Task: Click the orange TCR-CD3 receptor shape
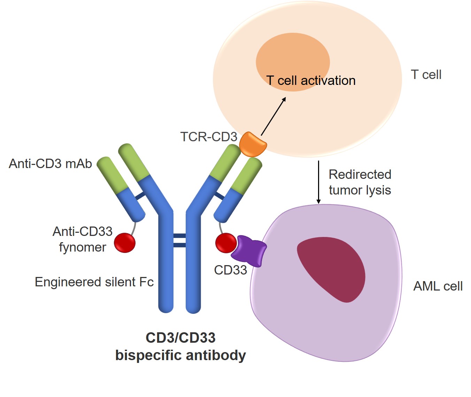[x=253, y=144]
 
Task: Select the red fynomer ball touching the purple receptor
[x=226, y=243]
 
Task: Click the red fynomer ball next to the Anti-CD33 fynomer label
[x=125, y=243]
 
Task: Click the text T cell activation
[x=311, y=81]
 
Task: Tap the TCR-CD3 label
[x=208, y=137]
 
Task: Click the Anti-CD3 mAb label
[x=51, y=164]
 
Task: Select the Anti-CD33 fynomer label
[x=83, y=239]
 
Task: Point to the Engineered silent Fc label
[x=94, y=282]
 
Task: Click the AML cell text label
[x=438, y=286]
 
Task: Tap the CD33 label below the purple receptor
[x=230, y=270]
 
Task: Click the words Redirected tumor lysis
[x=360, y=182]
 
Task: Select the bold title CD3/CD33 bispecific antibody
[x=180, y=347]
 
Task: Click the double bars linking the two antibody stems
[x=179, y=240]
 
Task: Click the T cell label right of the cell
[x=426, y=74]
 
